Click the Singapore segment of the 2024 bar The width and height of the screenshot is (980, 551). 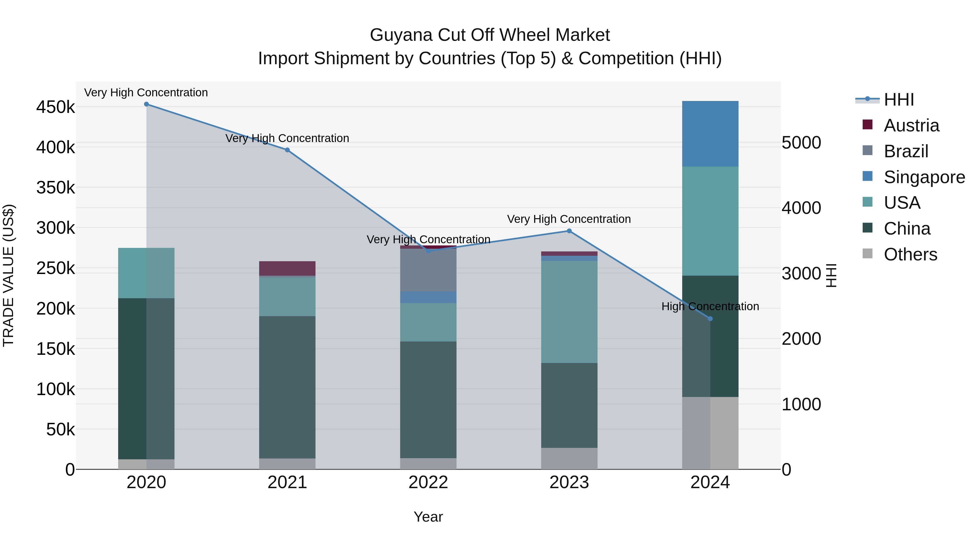coord(710,134)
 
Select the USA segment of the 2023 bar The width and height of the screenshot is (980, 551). coord(569,312)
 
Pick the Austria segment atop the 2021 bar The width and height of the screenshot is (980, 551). coord(287,268)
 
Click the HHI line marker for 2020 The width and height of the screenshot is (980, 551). coord(146,104)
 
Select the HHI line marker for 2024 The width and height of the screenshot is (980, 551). coord(710,319)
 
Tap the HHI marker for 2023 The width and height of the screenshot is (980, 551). coord(569,231)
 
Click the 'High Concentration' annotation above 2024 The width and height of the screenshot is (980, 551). coord(710,306)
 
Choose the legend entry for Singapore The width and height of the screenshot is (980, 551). coord(924,177)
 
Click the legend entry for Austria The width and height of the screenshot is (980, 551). coord(911,125)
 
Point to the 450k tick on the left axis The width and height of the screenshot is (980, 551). coord(56,107)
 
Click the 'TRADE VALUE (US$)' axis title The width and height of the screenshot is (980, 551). coord(8,275)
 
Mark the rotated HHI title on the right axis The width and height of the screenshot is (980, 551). coord(832,275)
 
